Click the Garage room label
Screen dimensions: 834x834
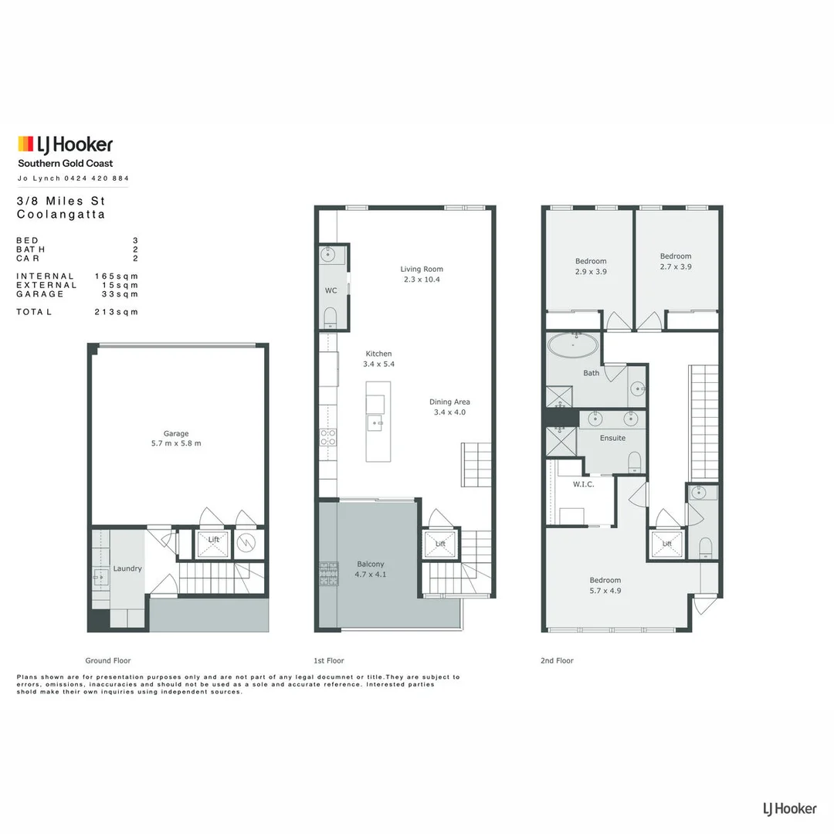coord(176,433)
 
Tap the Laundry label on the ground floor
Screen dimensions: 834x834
coord(127,568)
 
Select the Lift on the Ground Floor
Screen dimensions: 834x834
coord(213,540)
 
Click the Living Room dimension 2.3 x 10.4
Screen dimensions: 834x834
coord(422,280)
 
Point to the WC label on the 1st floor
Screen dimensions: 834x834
coord(331,290)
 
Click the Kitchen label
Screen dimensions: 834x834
coord(378,354)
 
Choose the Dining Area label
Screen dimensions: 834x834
coord(449,402)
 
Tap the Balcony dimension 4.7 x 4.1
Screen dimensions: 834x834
coord(370,575)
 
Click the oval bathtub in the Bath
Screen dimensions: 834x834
coord(572,344)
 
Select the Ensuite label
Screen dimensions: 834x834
coord(612,438)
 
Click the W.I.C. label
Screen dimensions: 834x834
coord(582,485)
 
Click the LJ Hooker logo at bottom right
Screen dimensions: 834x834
coord(789,809)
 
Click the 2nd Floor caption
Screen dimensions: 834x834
coord(557,661)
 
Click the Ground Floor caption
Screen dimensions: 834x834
coord(108,661)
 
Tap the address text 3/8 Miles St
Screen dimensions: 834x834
coord(66,201)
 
